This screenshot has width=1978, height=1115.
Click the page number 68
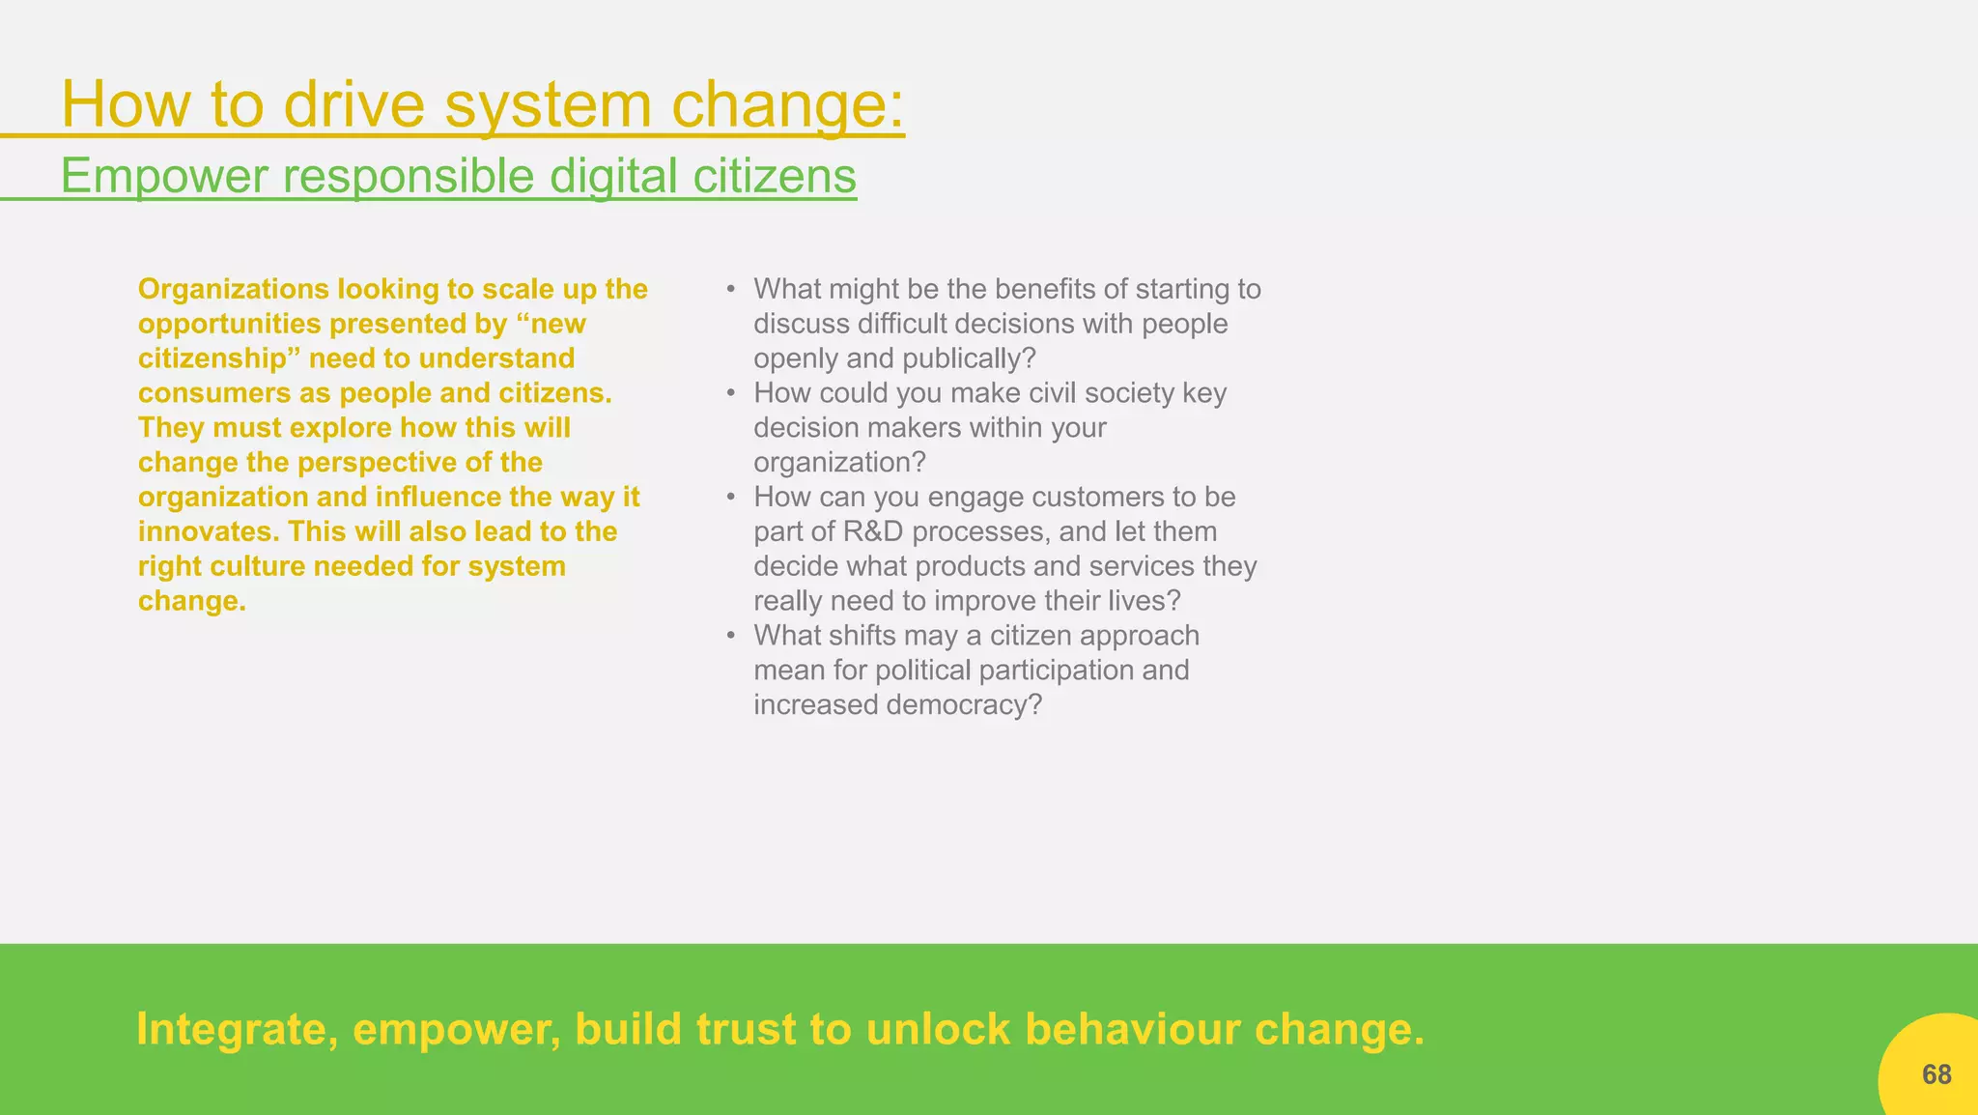pyautogui.click(x=1936, y=1074)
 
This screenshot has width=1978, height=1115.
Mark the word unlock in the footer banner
pyautogui.click(x=938, y=1029)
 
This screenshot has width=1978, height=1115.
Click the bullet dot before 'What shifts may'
pyautogui.click(x=732, y=636)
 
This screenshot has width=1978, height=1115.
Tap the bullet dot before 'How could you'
pyautogui.click(x=732, y=393)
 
